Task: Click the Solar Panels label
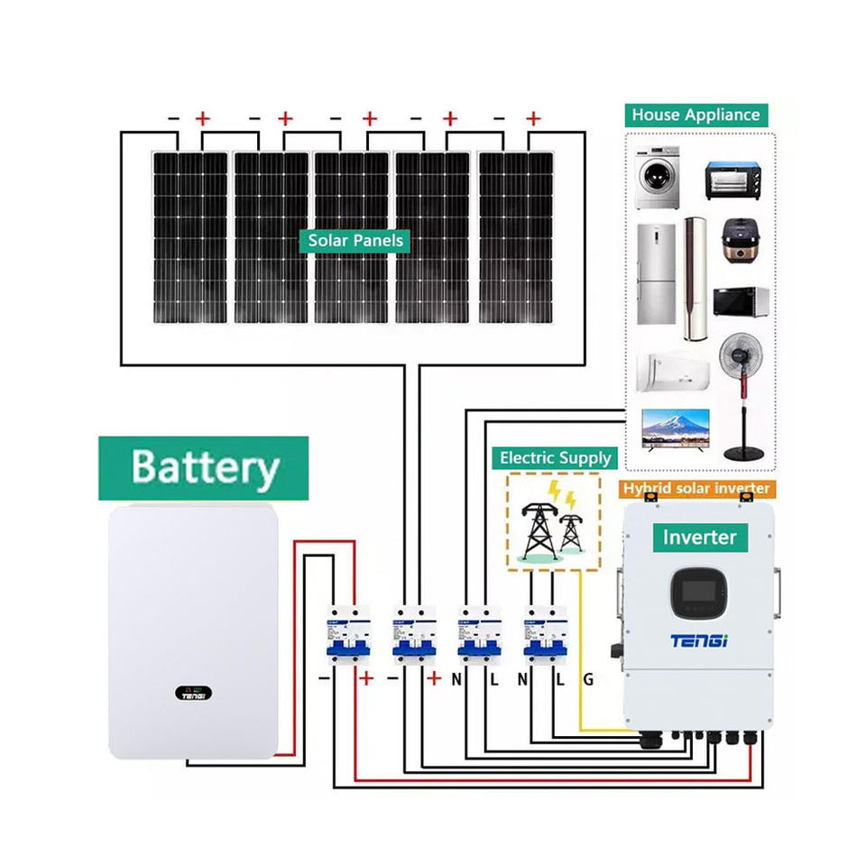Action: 355,241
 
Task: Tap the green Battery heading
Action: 204,468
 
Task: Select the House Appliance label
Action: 696,115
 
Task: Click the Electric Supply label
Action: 556,458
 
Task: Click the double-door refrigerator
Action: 656,273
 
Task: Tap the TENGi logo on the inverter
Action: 699,640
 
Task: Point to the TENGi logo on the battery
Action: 193,696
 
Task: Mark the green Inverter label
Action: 699,538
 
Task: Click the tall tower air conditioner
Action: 695,277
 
